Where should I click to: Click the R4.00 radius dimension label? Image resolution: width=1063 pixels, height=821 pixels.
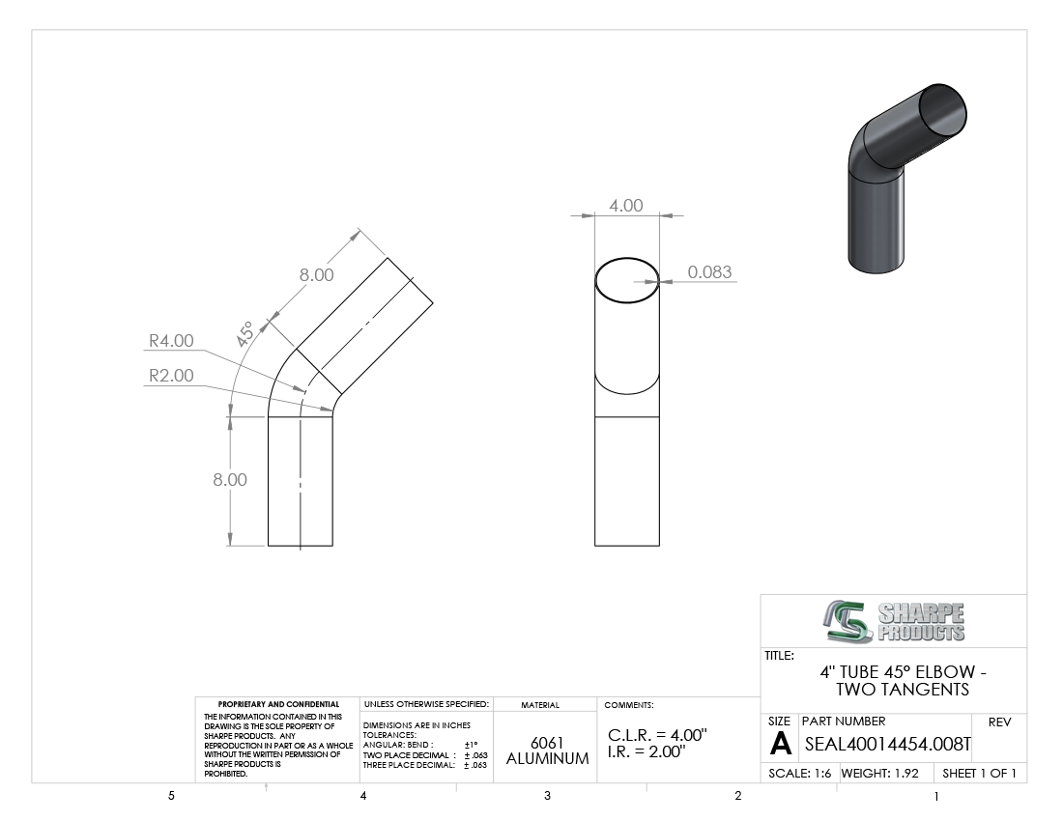click(171, 341)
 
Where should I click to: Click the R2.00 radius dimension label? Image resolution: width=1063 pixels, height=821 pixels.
click(171, 376)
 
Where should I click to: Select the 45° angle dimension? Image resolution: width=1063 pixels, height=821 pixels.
click(244, 334)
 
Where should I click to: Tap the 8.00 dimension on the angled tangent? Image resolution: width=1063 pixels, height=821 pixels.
click(317, 275)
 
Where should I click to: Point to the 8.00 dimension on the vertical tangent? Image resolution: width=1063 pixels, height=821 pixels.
click(230, 480)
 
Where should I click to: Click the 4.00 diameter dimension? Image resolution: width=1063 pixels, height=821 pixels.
click(626, 205)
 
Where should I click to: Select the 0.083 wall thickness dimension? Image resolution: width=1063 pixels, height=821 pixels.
click(710, 271)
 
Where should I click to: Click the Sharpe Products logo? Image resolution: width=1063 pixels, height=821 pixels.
click(894, 621)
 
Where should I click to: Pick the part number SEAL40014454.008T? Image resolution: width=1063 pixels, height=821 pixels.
click(887, 745)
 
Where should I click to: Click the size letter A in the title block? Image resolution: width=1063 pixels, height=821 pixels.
click(780, 745)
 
